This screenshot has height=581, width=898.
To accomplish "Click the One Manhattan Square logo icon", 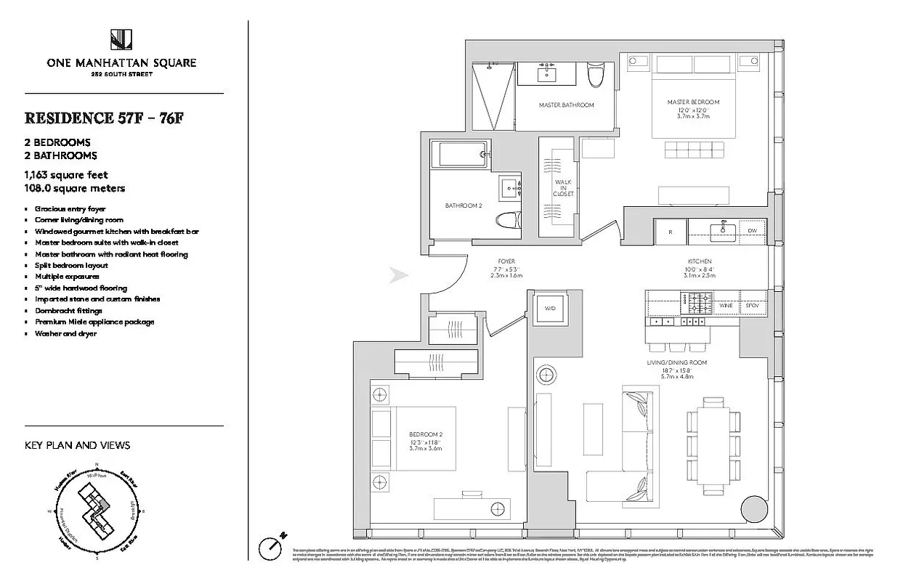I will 121,39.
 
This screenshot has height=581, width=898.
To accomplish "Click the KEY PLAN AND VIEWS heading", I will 77,445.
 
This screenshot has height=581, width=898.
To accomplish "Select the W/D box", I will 550,309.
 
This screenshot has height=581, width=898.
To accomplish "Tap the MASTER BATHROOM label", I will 566,105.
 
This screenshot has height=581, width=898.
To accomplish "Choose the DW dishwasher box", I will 752,231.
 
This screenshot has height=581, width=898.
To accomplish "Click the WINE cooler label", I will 726,306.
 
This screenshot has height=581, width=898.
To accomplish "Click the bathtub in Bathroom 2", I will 458,153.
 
